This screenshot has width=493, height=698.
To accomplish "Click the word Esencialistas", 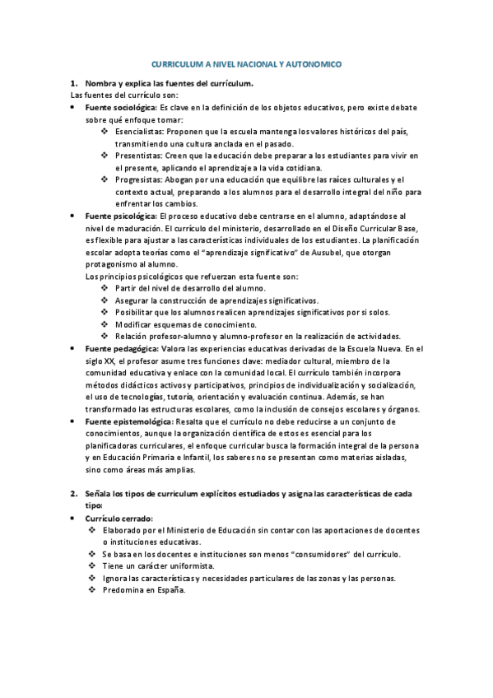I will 141,131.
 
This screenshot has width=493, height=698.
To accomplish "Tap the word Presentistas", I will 139,156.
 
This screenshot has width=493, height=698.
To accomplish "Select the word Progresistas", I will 139,179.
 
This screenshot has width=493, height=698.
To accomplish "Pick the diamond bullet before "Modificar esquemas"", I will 104,324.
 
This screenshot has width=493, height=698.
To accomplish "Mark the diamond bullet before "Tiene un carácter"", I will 92,566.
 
